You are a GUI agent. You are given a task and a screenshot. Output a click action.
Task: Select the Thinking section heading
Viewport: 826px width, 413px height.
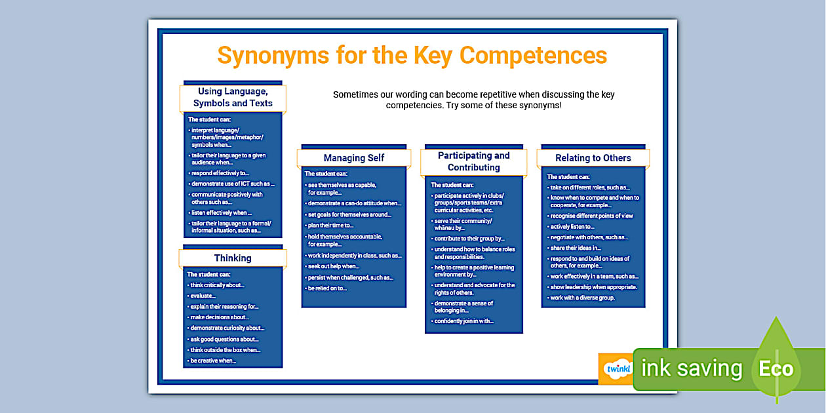click(x=233, y=258)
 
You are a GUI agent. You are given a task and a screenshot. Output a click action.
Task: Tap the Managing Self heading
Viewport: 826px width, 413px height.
click(x=354, y=158)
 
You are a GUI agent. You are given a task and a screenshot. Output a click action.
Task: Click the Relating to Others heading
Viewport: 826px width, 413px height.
click(x=593, y=158)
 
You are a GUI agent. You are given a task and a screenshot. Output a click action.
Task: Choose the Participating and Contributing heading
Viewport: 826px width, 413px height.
click(x=473, y=161)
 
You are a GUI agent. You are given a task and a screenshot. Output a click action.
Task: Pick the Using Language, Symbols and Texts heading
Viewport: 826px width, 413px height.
click(x=233, y=98)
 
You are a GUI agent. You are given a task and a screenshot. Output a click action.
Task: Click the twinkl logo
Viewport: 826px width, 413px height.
click(x=616, y=368)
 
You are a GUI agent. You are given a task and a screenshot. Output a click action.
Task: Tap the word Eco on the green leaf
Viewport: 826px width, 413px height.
click(x=776, y=368)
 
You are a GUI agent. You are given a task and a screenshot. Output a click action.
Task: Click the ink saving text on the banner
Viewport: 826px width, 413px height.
click(x=691, y=368)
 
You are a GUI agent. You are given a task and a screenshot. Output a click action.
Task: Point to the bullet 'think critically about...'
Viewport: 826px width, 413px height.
click(x=217, y=285)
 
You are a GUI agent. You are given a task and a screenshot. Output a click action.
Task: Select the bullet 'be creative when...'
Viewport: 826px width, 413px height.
click(x=213, y=361)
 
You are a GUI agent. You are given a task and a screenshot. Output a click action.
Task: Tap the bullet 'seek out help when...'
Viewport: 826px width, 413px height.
click(x=334, y=266)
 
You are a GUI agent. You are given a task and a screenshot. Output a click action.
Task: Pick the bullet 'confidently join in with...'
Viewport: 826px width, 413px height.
click(x=464, y=321)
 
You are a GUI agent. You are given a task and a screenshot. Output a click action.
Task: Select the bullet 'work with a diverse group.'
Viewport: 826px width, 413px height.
click(x=583, y=298)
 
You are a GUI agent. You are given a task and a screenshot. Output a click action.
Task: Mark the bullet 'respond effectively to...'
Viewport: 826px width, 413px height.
click(x=221, y=173)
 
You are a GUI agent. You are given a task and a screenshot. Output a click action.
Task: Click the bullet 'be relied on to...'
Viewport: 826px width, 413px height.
click(x=327, y=288)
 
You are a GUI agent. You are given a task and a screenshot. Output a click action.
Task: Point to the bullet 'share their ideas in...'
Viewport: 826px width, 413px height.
click(x=576, y=248)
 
